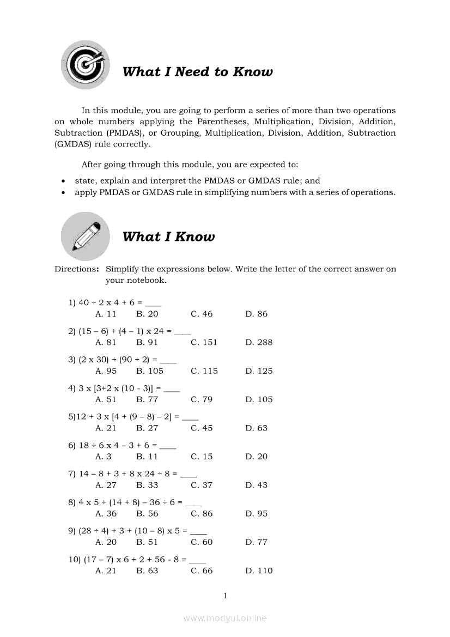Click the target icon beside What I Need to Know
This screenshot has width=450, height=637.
(84, 65)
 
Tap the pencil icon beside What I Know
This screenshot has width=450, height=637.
(85, 236)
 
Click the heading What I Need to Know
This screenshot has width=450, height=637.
(197, 72)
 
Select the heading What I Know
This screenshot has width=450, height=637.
(168, 236)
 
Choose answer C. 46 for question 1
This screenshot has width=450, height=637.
(202, 314)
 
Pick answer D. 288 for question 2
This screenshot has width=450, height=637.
(259, 342)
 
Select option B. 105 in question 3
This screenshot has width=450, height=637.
(150, 371)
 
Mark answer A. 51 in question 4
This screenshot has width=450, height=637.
(106, 399)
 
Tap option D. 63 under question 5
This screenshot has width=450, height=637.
(256, 428)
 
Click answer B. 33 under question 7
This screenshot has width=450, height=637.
(147, 485)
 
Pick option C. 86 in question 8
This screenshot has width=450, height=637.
(202, 513)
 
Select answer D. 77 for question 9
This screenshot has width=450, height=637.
(256, 542)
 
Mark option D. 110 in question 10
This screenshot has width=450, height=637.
(259, 571)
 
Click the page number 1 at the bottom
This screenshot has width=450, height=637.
(225, 596)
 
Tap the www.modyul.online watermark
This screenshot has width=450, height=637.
(225, 618)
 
